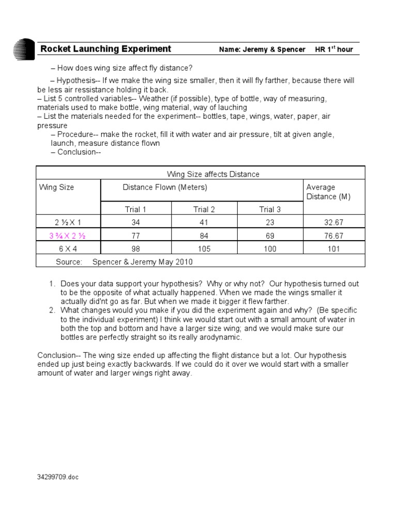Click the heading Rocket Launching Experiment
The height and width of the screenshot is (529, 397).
(x=105, y=49)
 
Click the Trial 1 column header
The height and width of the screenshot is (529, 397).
(x=135, y=209)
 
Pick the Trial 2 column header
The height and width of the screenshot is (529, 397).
(x=204, y=209)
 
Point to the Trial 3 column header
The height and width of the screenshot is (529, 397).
(x=270, y=209)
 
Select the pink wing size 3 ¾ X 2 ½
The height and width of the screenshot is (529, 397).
(x=67, y=236)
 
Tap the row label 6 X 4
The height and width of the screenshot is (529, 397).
(x=67, y=249)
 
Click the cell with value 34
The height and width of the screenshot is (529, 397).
(x=135, y=223)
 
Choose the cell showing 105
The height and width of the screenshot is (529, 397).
(x=204, y=249)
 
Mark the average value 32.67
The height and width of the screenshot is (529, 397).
(x=333, y=223)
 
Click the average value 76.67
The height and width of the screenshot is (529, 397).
(x=333, y=236)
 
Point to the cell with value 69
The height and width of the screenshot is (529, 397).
(x=270, y=236)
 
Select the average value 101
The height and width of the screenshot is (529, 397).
(x=333, y=249)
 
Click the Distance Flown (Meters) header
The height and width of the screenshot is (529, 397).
(x=165, y=188)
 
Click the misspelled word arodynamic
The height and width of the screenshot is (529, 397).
(x=216, y=337)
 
